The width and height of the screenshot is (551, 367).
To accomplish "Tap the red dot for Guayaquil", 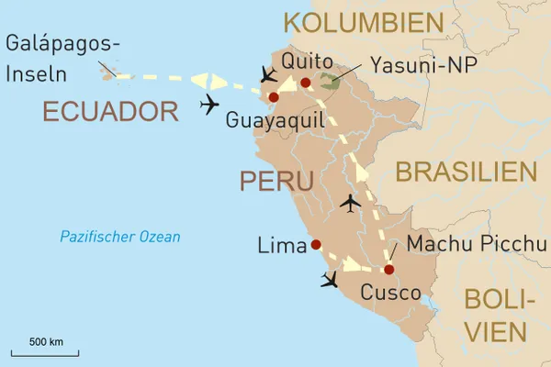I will click(x=272, y=97).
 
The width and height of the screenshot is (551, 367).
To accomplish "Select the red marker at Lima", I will click(x=316, y=245).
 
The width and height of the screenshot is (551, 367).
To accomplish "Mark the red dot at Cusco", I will click(x=388, y=270).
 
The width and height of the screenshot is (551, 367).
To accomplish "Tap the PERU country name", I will click(x=276, y=180).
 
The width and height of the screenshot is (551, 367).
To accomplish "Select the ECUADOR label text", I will click(x=109, y=112).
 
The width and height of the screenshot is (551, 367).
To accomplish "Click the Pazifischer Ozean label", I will click(x=120, y=237).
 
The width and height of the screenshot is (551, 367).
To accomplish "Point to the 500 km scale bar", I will click(x=44, y=351).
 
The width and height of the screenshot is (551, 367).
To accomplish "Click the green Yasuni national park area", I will click(x=329, y=83).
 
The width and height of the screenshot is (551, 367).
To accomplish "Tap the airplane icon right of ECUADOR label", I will click(x=210, y=106).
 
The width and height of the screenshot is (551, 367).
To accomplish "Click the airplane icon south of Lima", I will click(x=331, y=279).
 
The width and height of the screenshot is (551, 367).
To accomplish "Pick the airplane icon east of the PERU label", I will click(x=350, y=203).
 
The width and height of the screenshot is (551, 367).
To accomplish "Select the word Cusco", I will click(x=390, y=294).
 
